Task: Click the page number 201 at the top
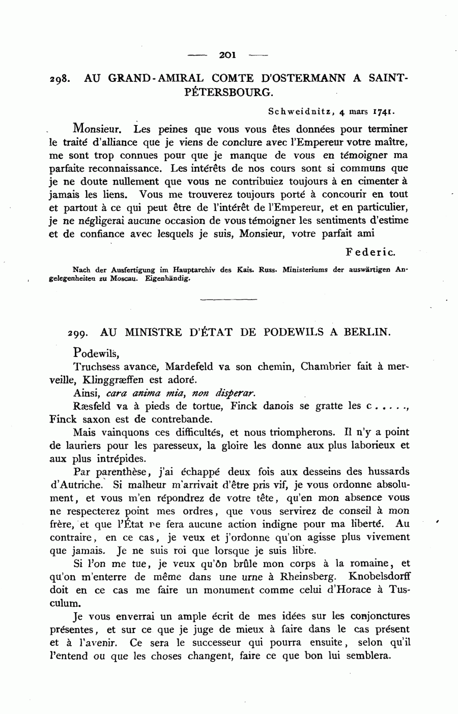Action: click(x=229, y=55)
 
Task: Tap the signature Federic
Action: click(x=370, y=252)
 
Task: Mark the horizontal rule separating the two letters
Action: click(x=229, y=299)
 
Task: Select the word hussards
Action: click(x=385, y=472)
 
